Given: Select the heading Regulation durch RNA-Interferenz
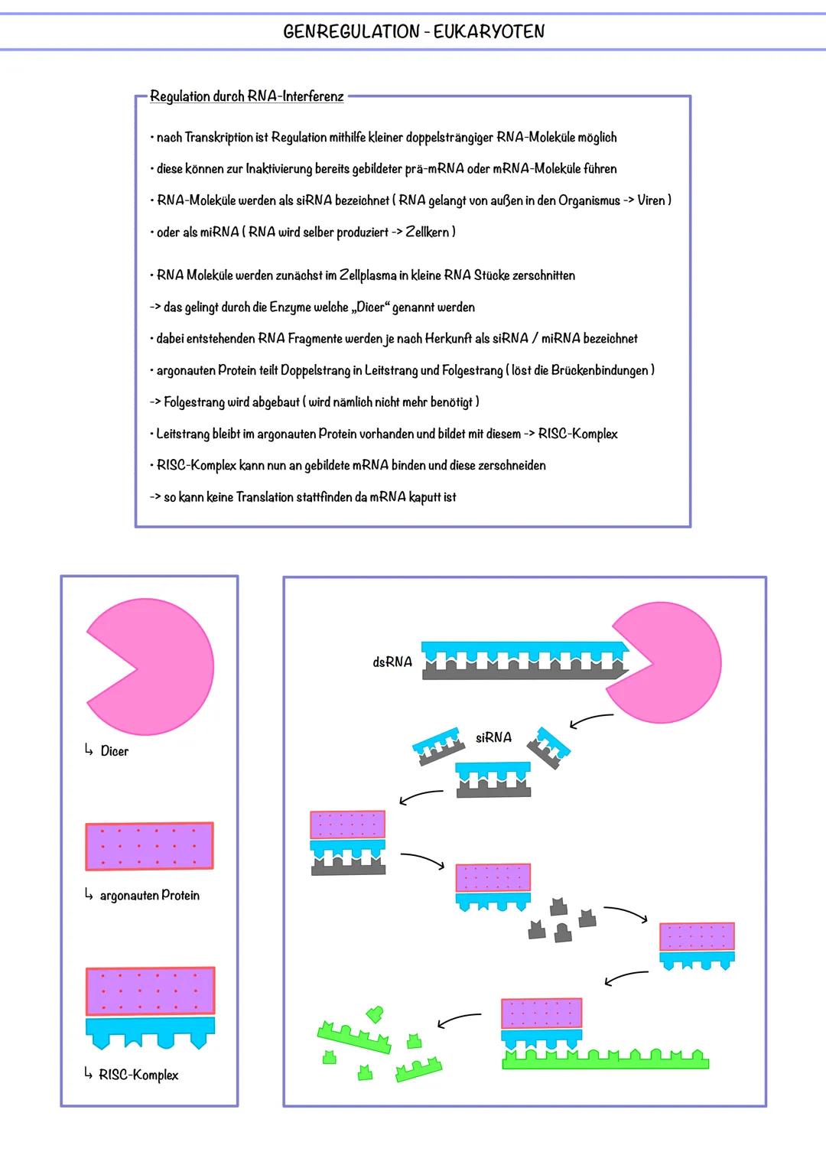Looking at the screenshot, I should (246, 96).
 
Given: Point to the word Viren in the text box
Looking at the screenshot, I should (652, 200).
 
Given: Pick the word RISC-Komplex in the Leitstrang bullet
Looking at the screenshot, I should (577, 434).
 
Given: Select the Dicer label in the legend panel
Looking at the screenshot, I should (114, 751).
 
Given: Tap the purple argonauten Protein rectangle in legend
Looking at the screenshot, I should (149, 846).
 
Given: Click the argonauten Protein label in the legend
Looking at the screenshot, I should (149, 895).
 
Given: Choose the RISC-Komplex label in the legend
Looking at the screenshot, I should (138, 1075).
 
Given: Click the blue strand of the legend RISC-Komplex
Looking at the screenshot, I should (150, 1029).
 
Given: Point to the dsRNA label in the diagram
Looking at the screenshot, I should (392, 662).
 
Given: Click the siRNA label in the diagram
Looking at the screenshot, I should (493, 737).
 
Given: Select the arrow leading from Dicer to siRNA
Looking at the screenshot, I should (590, 721).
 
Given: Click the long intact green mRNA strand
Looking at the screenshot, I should (605, 1060).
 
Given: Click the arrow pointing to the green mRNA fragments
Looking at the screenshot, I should (459, 1020).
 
